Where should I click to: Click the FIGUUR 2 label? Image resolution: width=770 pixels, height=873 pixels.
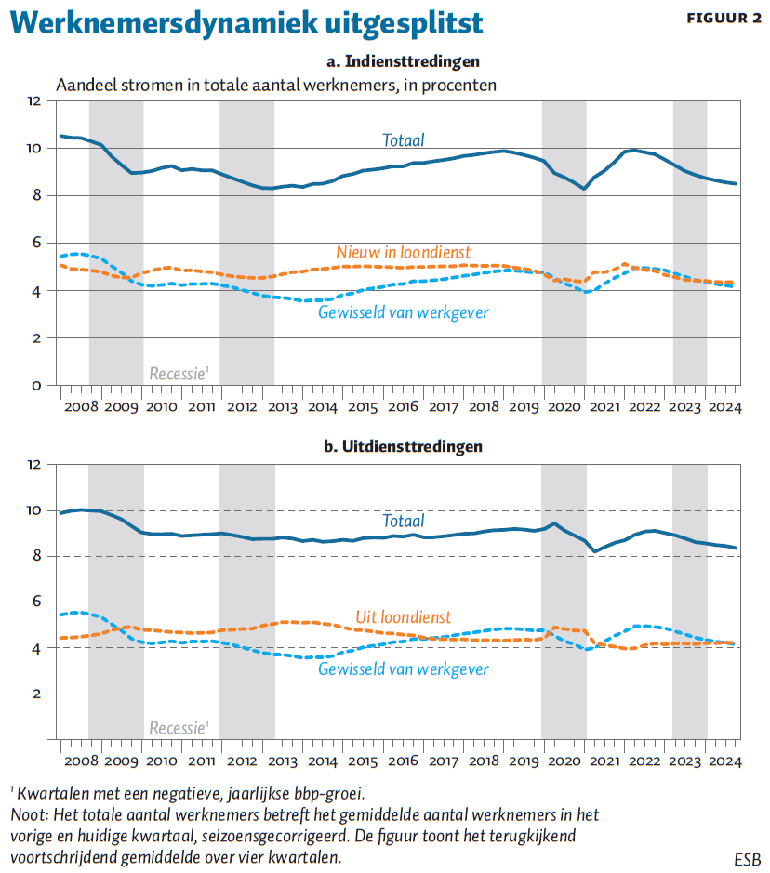coord(724,19)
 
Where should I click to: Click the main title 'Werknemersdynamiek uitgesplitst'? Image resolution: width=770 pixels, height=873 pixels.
coord(246,23)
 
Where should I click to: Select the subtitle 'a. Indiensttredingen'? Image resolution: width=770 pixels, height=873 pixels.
coord(403,61)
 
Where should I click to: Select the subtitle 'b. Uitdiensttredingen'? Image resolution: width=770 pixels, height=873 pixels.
coord(403,446)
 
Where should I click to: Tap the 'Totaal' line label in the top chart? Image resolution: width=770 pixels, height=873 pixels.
coord(403,139)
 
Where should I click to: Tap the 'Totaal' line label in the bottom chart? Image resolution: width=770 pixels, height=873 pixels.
coord(403,521)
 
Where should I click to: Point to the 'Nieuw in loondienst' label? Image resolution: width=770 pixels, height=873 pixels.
coord(403,252)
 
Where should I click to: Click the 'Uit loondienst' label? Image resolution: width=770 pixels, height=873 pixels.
coord(403,617)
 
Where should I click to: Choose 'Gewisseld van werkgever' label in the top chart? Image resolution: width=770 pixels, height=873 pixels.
coord(403,312)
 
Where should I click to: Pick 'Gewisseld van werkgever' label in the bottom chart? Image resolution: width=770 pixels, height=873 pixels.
coord(403,668)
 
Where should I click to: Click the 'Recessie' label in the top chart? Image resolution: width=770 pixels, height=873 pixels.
coord(179,373)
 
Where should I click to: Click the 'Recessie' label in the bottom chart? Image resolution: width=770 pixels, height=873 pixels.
coord(179,728)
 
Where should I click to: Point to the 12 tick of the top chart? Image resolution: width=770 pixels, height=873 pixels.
coord(34,100)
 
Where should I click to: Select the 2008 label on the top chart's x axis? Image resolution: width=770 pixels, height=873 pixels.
coord(81,407)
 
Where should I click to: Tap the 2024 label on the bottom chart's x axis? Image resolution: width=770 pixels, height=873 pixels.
coord(725,761)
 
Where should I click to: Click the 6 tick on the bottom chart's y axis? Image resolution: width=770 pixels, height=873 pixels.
coord(37,602)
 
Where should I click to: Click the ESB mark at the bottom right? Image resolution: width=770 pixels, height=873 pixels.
coord(747,860)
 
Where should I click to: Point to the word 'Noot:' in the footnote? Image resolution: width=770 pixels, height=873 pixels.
coord(30,815)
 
